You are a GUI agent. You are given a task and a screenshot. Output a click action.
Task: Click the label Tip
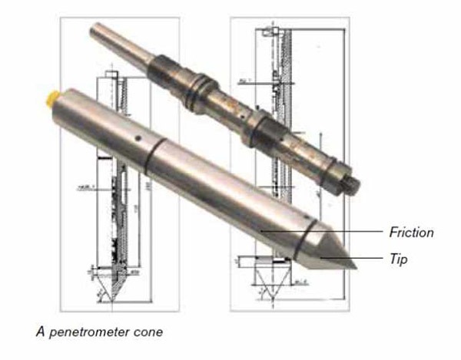pyautogui.click(x=397, y=259)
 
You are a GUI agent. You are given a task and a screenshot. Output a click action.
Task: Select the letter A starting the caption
pyautogui.click(x=39, y=332)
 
